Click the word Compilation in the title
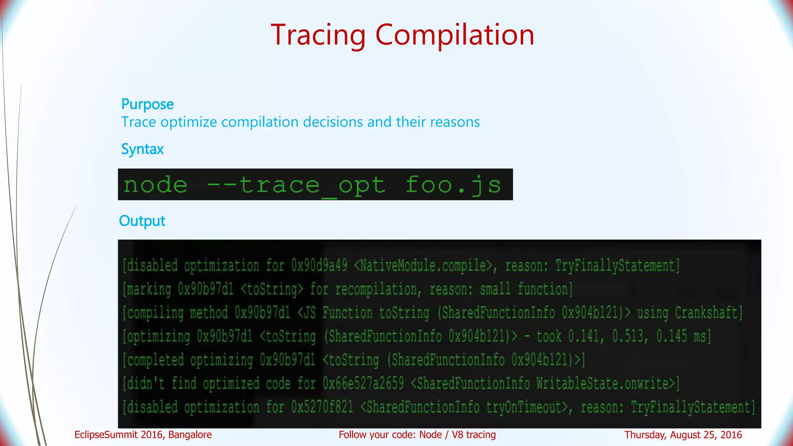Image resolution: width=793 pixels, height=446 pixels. pyautogui.click(x=455, y=35)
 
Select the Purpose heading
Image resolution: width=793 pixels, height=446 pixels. pyautogui.click(x=148, y=104)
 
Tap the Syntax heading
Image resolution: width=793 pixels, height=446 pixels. pyautogui.click(x=142, y=149)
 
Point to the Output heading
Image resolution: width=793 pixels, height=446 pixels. pyautogui.click(x=142, y=221)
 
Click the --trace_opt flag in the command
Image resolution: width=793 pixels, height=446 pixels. pyautogui.click(x=296, y=185)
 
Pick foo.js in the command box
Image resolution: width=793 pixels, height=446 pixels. pyautogui.click(x=453, y=185)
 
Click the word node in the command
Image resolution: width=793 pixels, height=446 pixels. pyautogui.click(x=155, y=185)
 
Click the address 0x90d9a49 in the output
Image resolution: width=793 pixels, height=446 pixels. pyautogui.click(x=319, y=266)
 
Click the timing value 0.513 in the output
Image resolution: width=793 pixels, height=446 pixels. pyautogui.click(x=629, y=336)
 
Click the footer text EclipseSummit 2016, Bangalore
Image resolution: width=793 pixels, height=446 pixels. pyautogui.click(x=143, y=435)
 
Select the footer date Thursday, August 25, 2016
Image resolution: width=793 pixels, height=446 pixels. pyautogui.click(x=683, y=435)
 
